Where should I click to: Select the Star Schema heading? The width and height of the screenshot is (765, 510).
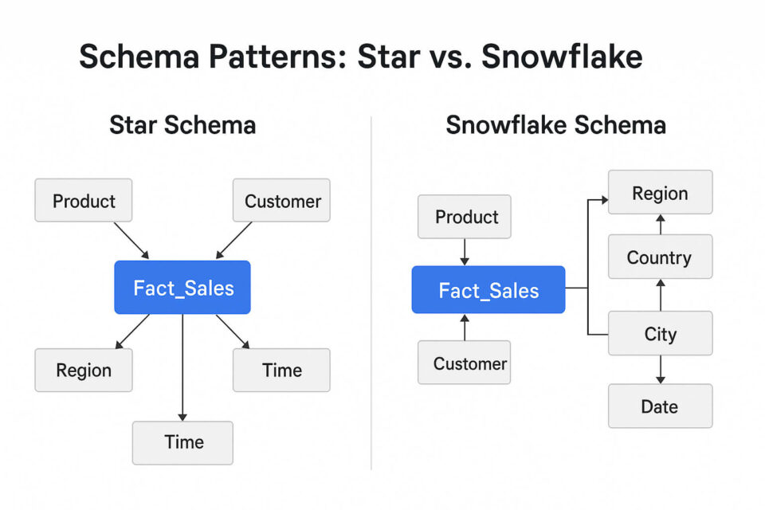coord(182,125)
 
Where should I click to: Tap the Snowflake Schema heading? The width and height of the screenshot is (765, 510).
coord(555,125)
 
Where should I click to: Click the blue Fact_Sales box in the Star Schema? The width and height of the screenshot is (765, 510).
coord(182,288)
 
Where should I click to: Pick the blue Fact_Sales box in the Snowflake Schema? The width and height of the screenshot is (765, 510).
coord(488,290)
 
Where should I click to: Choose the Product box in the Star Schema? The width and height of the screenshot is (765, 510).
coord(84,201)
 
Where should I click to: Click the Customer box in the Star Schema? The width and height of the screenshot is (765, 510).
coord(281,201)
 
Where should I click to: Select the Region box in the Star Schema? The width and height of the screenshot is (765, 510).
coord(84,370)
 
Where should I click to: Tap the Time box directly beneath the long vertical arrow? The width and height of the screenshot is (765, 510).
coord(183,442)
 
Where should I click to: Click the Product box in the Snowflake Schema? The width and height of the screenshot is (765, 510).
coord(465,217)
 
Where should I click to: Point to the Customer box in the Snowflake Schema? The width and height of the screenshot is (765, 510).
coord(465,363)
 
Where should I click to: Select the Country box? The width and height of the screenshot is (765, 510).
coord(660,257)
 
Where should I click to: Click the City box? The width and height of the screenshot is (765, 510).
coord(660,334)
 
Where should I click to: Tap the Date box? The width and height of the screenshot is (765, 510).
coord(660,406)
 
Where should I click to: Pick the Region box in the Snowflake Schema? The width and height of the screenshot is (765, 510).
coord(660,193)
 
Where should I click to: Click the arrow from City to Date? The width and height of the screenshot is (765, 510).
coord(661,370)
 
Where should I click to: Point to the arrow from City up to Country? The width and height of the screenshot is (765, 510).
coord(661,295)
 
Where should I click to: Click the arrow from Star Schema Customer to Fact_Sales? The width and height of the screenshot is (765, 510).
coord(234,240)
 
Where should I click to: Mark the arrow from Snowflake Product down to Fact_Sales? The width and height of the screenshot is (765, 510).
coord(465,252)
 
